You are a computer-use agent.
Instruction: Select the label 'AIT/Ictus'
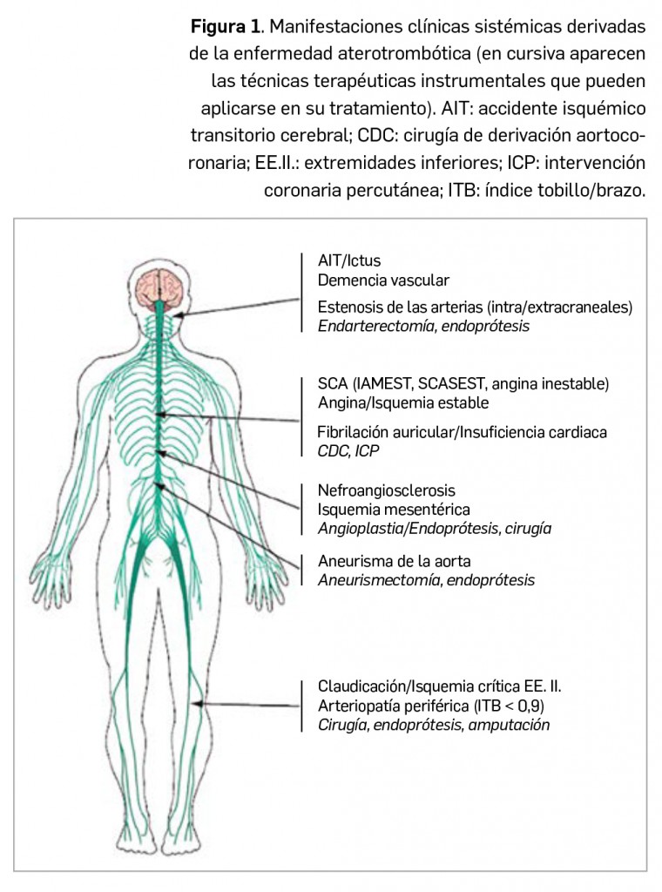click(348, 260)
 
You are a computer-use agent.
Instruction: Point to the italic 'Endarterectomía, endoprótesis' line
click(423, 325)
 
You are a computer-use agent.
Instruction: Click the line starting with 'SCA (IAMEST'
click(463, 383)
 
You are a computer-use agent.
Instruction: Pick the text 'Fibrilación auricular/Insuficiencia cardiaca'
click(462, 432)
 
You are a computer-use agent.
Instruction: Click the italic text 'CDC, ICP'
click(348, 450)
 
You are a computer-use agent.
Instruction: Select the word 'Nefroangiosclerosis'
click(386, 491)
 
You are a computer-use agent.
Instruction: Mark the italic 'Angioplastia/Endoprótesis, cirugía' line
click(435, 528)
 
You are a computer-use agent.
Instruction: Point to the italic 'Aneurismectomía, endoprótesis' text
click(426, 580)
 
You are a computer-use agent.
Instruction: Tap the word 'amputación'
click(510, 724)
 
